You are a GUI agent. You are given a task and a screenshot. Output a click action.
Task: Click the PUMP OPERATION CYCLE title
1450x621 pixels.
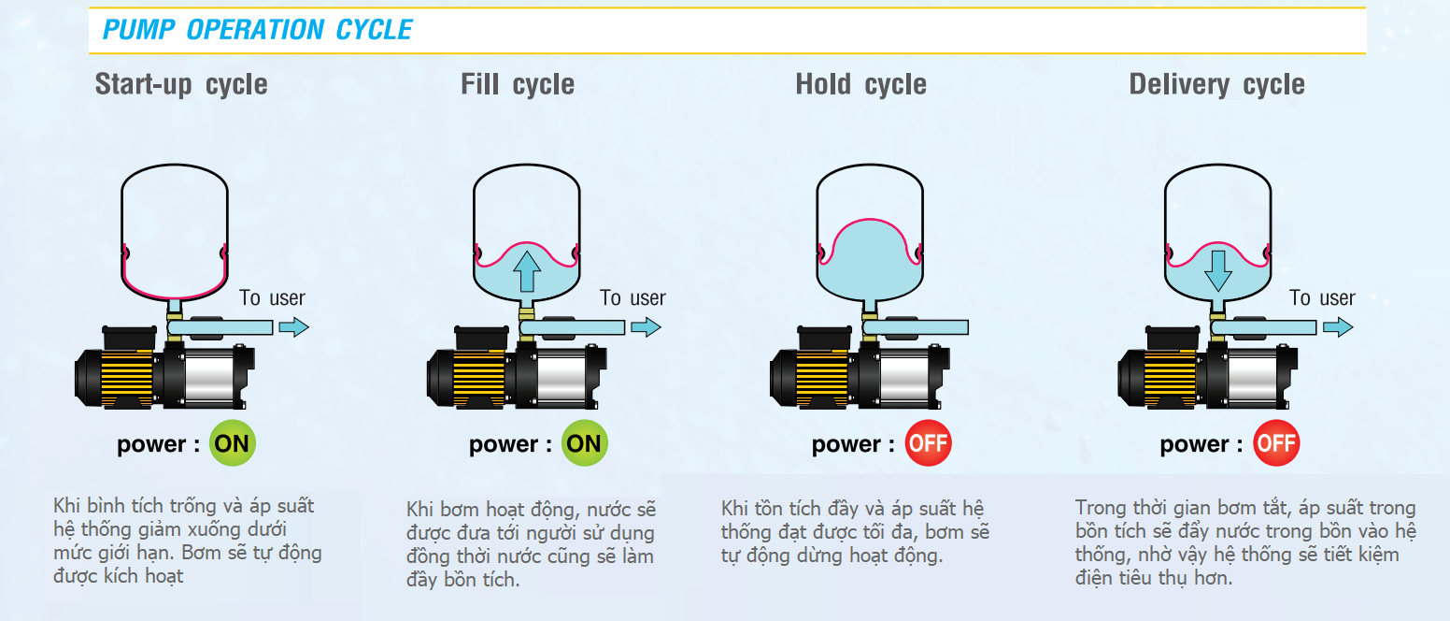(x=257, y=30)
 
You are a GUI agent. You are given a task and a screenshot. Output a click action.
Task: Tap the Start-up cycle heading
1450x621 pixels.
(x=181, y=84)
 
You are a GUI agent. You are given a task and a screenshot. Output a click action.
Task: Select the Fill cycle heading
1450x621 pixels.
(x=518, y=84)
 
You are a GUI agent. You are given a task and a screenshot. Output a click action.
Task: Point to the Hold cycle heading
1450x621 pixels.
(x=860, y=84)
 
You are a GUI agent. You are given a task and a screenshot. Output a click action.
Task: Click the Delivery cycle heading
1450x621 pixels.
(x=1216, y=84)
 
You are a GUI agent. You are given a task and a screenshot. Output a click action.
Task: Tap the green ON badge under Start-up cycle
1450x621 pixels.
(x=232, y=443)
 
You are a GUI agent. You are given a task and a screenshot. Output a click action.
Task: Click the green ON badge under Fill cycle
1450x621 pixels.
(x=584, y=443)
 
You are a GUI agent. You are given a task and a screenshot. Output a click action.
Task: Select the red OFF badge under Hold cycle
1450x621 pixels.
(x=928, y=443)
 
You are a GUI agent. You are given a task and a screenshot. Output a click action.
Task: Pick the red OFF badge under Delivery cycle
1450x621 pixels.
(x=1275, y=443)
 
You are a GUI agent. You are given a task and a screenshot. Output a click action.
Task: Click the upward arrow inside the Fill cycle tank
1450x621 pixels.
(x=527, y=271)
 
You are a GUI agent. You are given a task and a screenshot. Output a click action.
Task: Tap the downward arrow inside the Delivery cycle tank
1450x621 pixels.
(x=1218, y=269)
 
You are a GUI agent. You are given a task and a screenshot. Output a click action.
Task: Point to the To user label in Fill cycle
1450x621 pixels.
(x=633, y=298)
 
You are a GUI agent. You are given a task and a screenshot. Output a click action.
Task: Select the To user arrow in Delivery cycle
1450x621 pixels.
(x=1337, y=327)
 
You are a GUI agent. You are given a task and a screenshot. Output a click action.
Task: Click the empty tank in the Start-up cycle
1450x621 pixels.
(x=175, y=229)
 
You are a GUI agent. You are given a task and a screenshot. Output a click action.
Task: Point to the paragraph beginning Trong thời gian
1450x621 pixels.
(x=1245, y=542)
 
